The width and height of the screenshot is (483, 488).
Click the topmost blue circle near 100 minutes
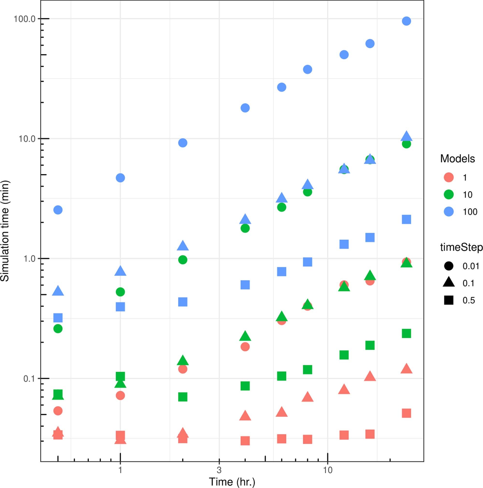point(406,21)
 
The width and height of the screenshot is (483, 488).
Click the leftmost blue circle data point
point(58,210)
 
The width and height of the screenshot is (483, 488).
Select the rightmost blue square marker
point(406,219)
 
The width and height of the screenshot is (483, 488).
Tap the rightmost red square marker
point(406,413)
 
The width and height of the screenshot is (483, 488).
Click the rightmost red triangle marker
point(406,369)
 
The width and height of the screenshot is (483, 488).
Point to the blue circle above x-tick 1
point(120,178)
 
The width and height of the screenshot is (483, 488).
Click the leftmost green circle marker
point(58,329)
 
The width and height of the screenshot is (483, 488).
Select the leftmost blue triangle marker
point(58,291)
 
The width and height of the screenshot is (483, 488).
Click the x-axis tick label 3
point(219,470)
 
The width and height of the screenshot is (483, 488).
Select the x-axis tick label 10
point(327,470)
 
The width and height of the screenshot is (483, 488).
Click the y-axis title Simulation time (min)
point(5,231)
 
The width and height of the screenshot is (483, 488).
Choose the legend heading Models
point(457,159)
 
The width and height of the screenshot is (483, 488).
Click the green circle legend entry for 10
point(449,195)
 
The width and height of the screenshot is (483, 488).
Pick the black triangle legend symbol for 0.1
point(449,283)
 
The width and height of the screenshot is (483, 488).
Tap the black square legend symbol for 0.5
point(449,300)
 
